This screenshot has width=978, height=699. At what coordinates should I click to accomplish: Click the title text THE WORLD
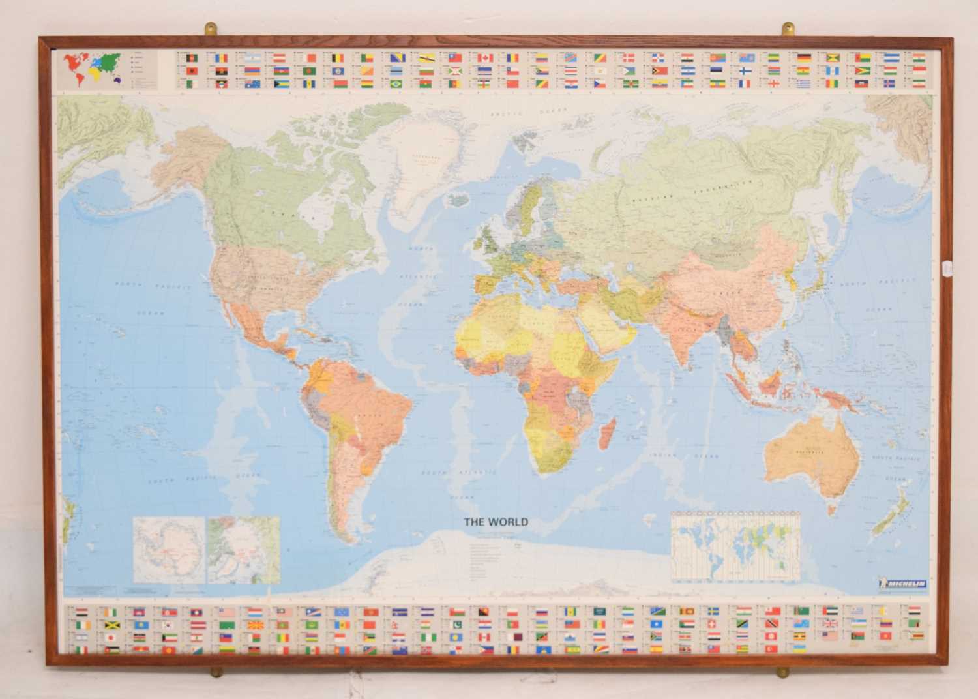coord(496,522)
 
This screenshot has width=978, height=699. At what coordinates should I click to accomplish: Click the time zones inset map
coord(735,546)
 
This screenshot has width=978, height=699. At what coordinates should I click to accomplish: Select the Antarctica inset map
coord(170,550)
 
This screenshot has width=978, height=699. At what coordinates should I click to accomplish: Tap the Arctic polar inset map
coord(244,550)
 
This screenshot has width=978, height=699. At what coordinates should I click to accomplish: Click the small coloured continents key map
coord(93,69)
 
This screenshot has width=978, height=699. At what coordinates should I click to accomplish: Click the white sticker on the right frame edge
coord(947,267)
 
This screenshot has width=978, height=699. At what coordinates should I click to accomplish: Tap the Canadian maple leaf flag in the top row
coord(484,57)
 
